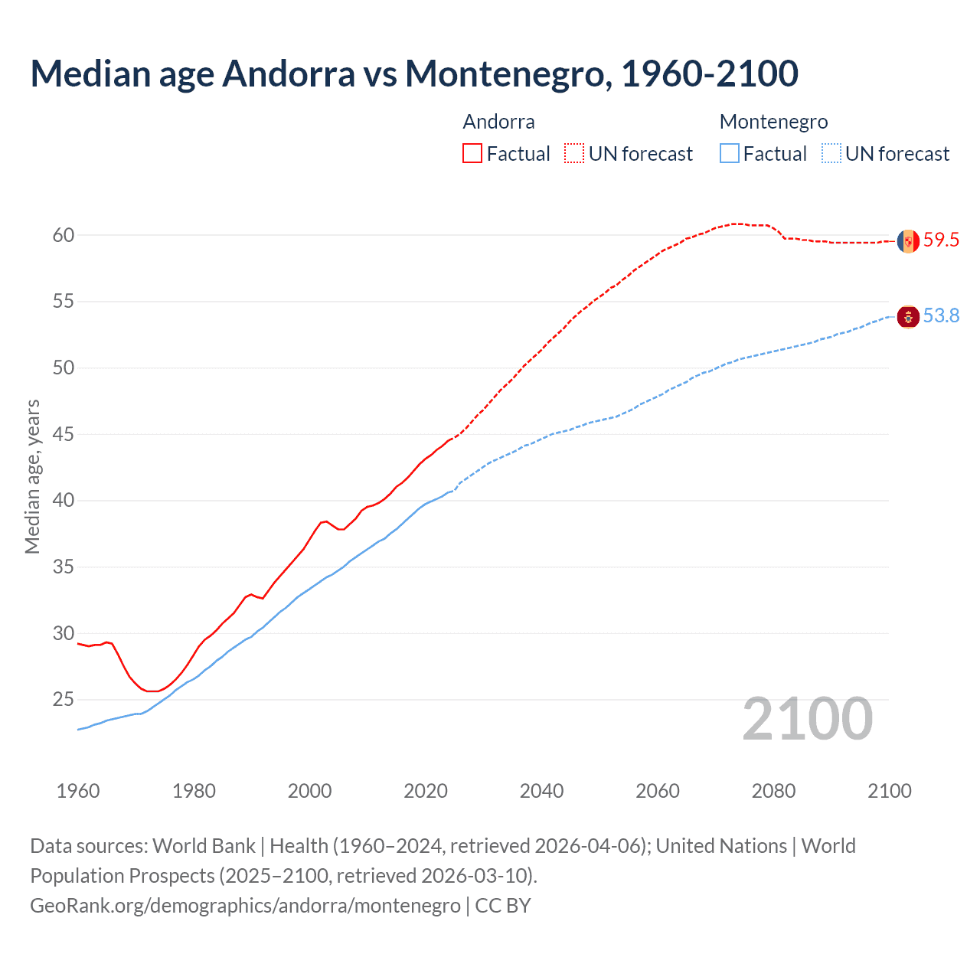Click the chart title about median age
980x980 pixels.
point(414,73)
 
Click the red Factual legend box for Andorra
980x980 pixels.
point(472,153)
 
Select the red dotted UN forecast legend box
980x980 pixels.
point(574,153)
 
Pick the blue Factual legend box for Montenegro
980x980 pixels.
point(730,153)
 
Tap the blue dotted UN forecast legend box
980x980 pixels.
point(831,153)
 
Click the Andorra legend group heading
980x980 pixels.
point(498,122)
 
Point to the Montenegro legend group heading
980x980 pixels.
point(773,122)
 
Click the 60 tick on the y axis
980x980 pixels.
point(64,235)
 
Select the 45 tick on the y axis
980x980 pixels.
point(64,434)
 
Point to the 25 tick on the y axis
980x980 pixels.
point(64,700)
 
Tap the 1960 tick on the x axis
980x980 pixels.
point(78,791)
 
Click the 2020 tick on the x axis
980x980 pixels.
point(426,791)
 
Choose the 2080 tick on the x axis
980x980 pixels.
point(773,791)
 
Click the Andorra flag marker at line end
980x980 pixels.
point(908,241)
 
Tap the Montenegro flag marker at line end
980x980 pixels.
point(908,316)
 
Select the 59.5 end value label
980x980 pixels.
point(941,240)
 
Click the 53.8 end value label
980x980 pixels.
point(941,315)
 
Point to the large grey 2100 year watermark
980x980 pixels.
point(807,719)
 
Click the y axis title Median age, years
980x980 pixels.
point(32,476)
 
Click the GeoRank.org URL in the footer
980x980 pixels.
point(245,906)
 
